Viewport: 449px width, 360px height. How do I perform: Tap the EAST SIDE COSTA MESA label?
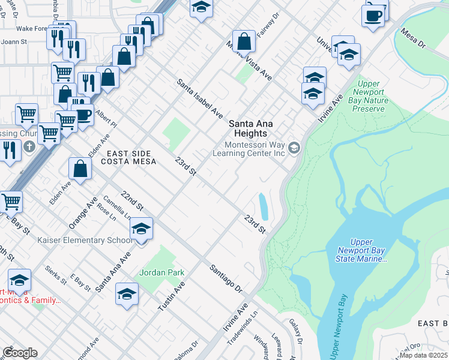coord(128,157)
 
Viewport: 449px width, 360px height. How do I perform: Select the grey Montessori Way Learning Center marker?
coord(294,148)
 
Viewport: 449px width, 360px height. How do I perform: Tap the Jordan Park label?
coord(161,272)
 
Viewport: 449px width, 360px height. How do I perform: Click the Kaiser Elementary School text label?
coord(85,241)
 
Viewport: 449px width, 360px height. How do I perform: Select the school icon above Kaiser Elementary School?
coord(141,229)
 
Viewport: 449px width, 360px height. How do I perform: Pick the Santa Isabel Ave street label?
coord(199,99)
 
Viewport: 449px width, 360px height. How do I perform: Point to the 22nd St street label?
coord(132,201)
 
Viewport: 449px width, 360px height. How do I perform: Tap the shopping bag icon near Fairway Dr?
coord(244,42)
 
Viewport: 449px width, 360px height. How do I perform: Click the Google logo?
coord(20,353)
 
